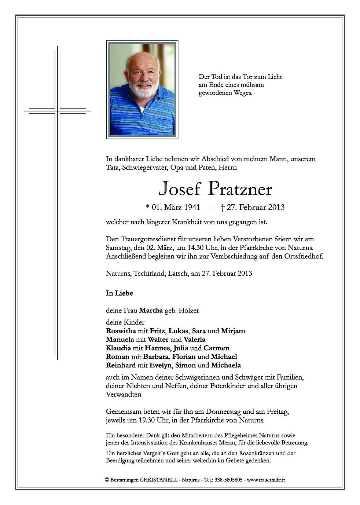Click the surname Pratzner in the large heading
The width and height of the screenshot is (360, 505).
[x=240, y=189]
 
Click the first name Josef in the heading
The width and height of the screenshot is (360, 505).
[x=180, y=189]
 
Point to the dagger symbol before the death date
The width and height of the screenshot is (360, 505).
[x=222, y=208]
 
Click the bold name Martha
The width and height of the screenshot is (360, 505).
[x=151, y=311]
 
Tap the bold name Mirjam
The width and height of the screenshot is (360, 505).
[x=233, y=331]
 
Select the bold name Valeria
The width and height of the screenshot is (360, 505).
[x=195, y=339]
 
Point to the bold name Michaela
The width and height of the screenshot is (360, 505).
[x=225, y=365]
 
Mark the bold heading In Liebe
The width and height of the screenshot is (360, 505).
[x=120, y=293]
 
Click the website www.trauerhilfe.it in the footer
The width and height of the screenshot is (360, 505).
[x=266, y=480]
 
